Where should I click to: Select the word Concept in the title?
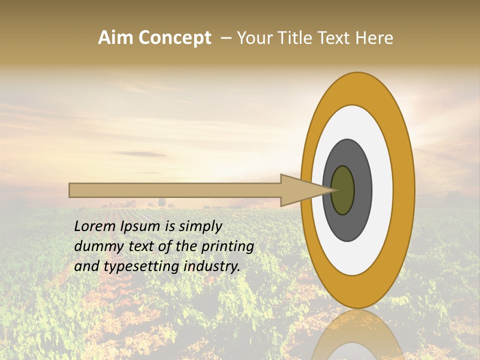click(174, 38)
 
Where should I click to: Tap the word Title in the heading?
click(298, 38)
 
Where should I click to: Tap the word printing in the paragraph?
click(227, 247)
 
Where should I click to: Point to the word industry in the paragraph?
click(212, 266)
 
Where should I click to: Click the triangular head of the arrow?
click(300, 190)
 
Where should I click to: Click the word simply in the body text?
click(200, 227)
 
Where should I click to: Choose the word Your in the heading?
click(253, 38)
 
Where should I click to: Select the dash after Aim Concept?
click(226, 38)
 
